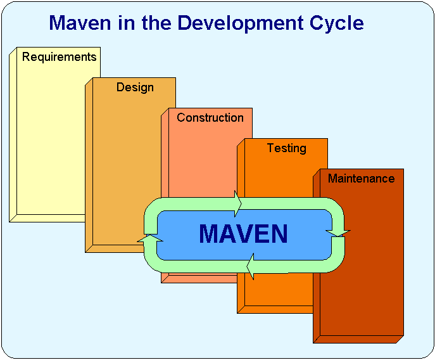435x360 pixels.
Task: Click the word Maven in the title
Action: (80, 23)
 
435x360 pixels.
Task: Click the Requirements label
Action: (59, 57)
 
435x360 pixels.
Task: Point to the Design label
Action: (135, 87)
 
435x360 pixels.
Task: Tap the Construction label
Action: (210, 117)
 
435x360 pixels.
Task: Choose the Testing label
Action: (287, 148)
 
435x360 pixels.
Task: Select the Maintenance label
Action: (361, 178)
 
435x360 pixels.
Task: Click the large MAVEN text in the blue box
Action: (243, 234)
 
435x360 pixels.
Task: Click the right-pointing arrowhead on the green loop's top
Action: (237, 204)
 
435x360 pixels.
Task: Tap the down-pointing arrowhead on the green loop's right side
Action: (338, 233)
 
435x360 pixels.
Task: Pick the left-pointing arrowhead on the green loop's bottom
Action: (250, 266)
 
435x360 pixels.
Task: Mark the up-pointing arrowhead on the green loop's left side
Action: (150, 238)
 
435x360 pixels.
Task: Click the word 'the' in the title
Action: (156, 23)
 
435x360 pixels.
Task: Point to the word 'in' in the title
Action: (127, 23)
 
